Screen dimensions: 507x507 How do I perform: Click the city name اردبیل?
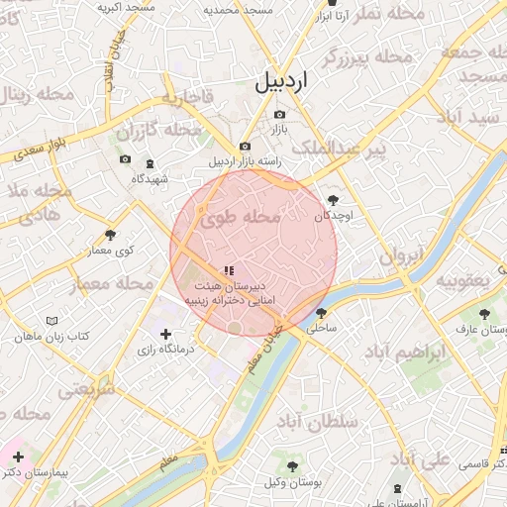[x=282, y=82]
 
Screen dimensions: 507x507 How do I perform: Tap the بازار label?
[x=279, y=130]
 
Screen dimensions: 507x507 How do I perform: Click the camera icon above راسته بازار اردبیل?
[x=246, y=147]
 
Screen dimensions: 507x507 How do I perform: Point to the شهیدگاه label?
[x=150, y=178]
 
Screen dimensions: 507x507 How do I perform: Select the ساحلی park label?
[x=323, y=326]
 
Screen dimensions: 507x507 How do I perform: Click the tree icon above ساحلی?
[x=320, y=312]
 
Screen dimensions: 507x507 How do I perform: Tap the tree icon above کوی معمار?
[x=110, y=236]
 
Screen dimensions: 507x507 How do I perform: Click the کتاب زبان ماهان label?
[x=51, y=337]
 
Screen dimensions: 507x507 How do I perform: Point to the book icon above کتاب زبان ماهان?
[x=51, y=322]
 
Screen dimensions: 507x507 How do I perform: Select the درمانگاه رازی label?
[x=165, y=350]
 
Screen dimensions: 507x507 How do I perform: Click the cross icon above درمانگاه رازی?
[x=165, y=335]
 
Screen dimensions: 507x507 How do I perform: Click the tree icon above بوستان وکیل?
[x=292, y=465]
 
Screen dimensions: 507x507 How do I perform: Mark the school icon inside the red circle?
[x=230, y=269]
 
